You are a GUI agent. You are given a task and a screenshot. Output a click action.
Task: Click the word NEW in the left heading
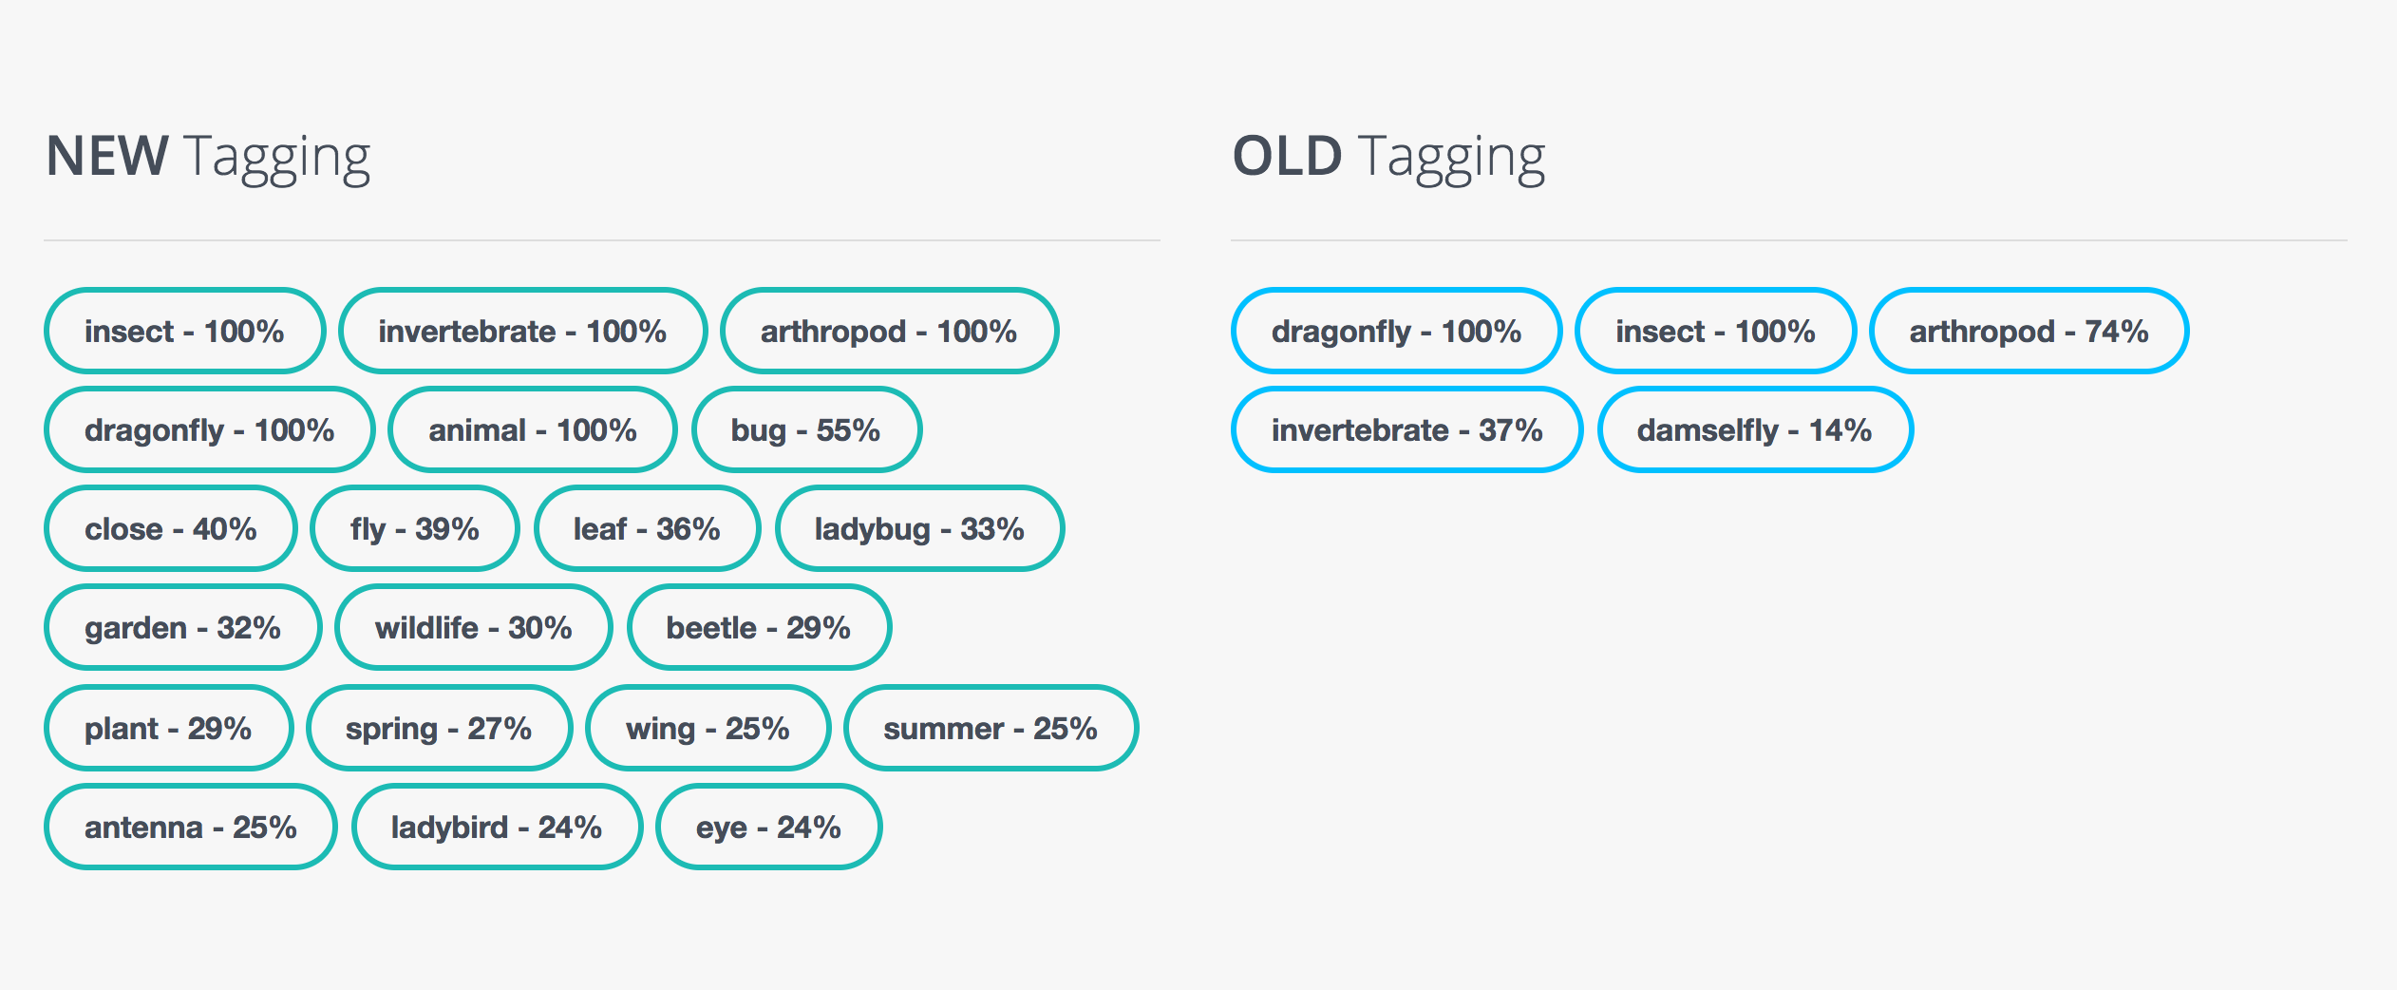click(107, 156)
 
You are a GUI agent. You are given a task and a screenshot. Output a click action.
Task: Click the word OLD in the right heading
click(1288, 156)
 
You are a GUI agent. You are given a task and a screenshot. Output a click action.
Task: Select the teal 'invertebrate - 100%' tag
click(523, 331)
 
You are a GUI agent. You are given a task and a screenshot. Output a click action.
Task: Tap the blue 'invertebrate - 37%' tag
click(1406, 429)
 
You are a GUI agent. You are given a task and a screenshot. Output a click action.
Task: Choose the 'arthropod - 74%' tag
click(2029, 331)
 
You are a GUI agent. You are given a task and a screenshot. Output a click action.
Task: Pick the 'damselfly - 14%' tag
click(1755, 429)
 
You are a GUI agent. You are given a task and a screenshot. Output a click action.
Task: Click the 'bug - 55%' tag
click(806, 429)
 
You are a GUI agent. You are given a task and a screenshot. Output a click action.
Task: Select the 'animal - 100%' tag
click(533, 429)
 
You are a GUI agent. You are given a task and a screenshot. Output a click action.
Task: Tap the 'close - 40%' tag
click(171, 528)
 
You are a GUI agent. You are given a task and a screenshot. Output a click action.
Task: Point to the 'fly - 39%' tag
click(415, 528)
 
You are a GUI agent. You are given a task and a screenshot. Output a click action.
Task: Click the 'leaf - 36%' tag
click(648, 528)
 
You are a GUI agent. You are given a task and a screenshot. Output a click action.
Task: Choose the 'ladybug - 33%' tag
click(919, 528)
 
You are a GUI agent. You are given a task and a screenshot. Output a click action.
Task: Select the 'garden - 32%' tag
click(183, 627)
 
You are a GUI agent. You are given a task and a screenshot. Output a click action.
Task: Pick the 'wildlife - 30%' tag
click(474, 627)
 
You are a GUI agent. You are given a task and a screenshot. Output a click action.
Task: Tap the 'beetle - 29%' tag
click(759, 627)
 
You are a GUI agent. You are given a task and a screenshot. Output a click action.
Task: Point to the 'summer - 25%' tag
click(991, 728)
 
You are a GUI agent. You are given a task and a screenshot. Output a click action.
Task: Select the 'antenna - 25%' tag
click(191, 827)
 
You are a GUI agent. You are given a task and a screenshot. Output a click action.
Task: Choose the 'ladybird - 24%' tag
click(497, 827)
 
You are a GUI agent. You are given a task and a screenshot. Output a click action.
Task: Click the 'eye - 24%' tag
click(768, 827)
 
